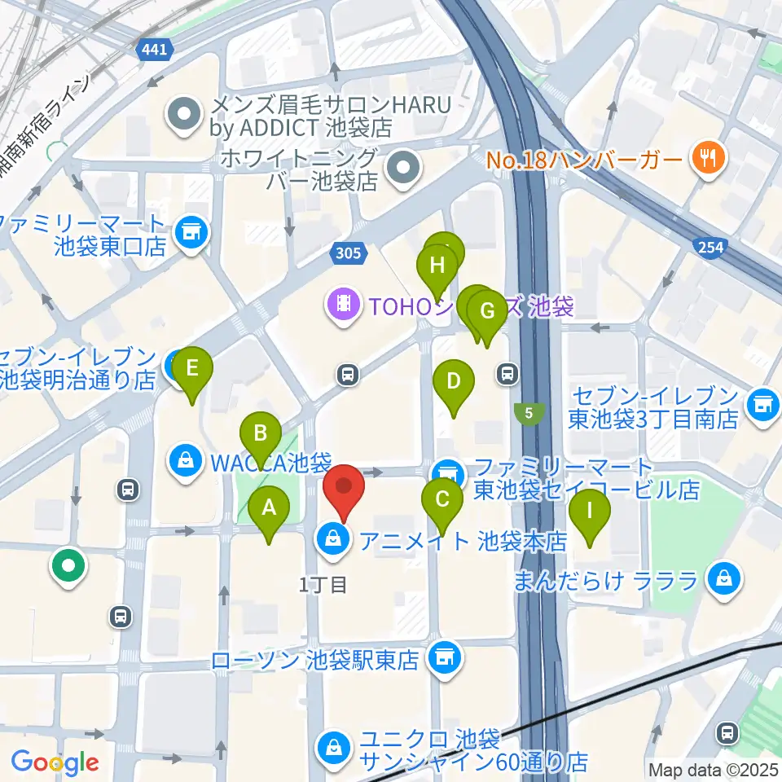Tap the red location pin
344,489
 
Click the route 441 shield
155,51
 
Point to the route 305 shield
347,253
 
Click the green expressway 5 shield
529,414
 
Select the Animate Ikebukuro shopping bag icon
332,539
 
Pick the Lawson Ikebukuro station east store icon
444,655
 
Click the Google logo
55,762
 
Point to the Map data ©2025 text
712,769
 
